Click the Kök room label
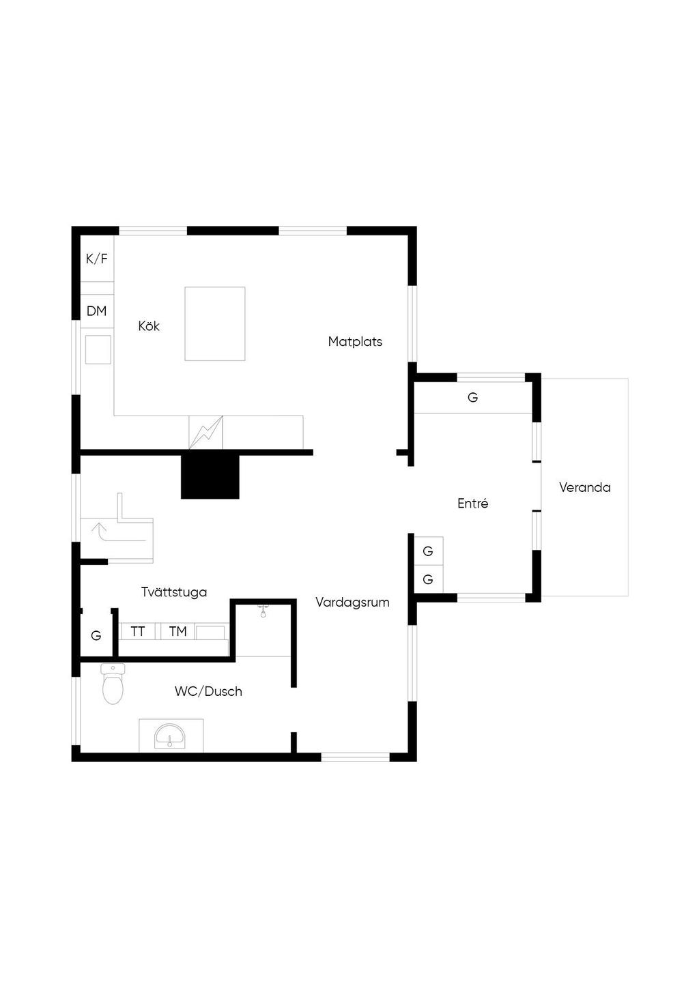[x=149, y=326]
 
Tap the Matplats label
[x=355, y=342]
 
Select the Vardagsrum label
[x=353, y=602]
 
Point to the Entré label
[x=473, y=504]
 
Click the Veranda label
[x=585, y=487]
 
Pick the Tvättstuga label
[x=174, y=592]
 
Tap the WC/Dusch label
[x=208, y=691]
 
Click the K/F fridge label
[x=97, y=259]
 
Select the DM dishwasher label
[x=97, y=311]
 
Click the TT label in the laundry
[x=138, y=632]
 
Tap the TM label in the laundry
[x=178, y=632]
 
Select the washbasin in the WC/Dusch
[x=171, y=736]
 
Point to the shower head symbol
[x=263, y=611]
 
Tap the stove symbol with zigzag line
[x=206, y=433]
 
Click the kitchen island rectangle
[x=215, y=323]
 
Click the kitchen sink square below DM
[x=98, y=349]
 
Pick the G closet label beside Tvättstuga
[x=96, y=636]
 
